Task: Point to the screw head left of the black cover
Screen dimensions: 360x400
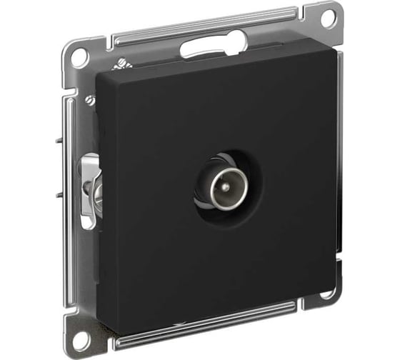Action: tap(89, 101)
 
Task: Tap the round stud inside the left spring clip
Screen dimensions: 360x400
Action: tap(91, 189)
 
